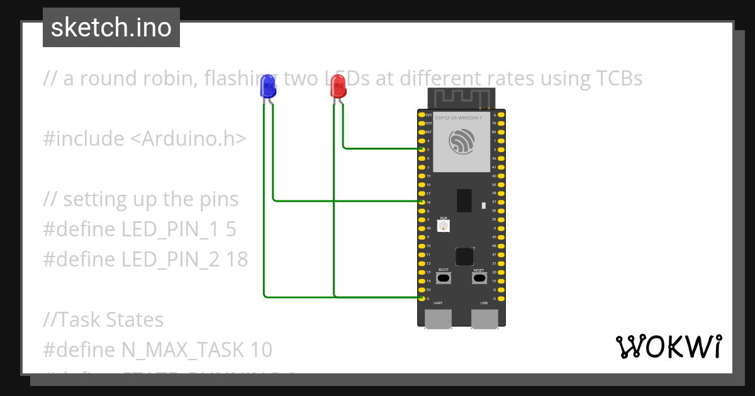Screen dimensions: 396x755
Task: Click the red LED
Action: tap(338, 87)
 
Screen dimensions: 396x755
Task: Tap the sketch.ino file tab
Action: tap(111, 28)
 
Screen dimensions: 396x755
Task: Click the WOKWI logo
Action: tap(668, 346)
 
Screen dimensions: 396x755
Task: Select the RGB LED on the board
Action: tap(444, 225)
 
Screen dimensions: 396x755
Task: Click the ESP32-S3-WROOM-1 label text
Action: tap(459, 118)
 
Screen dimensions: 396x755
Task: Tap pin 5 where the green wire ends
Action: tap(421, 150)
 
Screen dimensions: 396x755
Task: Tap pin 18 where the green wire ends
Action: tap(421, 202)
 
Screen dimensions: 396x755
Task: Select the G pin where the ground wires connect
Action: tap(421, 299)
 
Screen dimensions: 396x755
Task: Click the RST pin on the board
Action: tap(421, 132)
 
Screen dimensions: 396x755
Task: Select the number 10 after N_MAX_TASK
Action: tap(260, 349)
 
